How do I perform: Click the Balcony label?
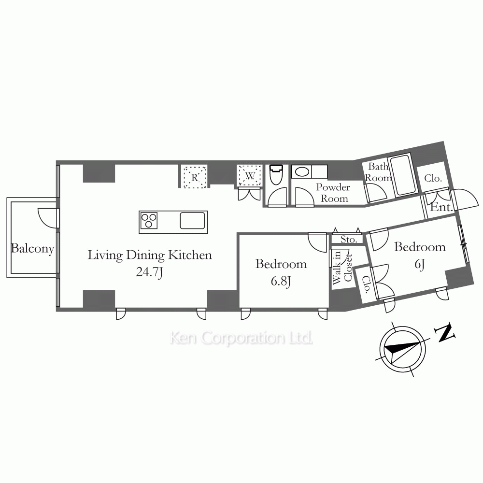tap(33, 249)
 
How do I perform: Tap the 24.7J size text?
tap(149, 272)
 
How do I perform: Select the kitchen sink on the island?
tap(193, 221)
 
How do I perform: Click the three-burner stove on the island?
tap(149, 221)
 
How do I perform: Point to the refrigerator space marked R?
tap(195, 177)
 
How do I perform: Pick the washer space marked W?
tap(250, 176)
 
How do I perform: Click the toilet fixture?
tap(276, 174)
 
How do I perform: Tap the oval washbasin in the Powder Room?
tap(301, 171)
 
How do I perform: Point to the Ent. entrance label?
tap(441, 207)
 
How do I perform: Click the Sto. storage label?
tap(349, 240)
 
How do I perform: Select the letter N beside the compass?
tap(444, 332)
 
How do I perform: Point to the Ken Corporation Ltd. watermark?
tap(241, 338)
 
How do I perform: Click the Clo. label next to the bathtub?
tap(433, 178)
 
